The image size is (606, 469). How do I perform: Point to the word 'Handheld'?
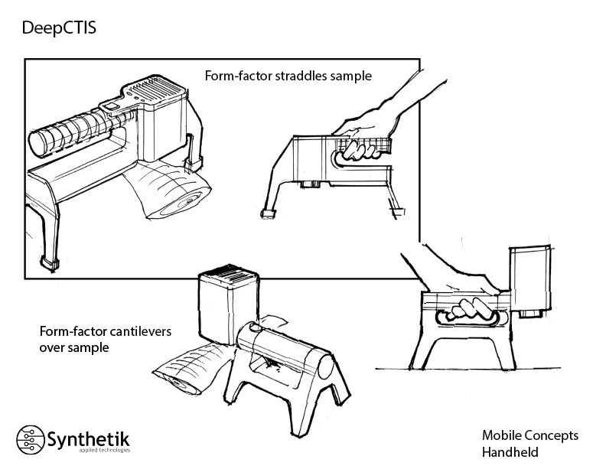(510, 451)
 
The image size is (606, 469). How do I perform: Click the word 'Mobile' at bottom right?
(502, 435)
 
